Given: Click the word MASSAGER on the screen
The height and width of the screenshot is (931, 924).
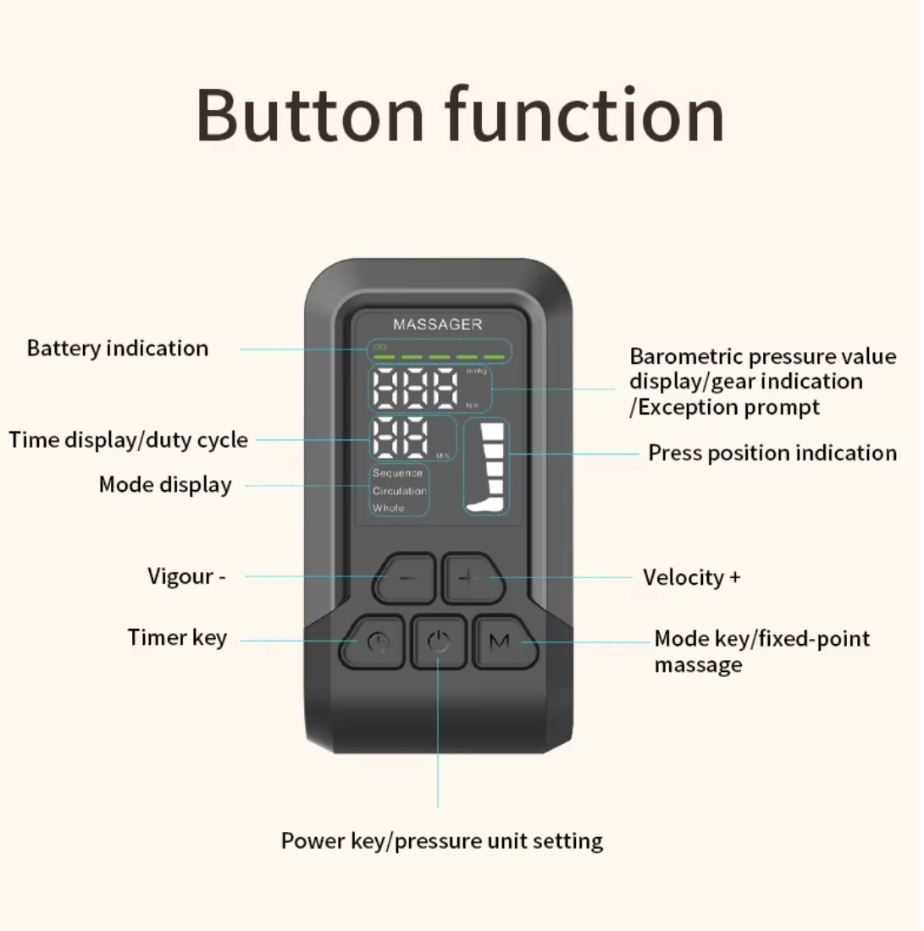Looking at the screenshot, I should click(x=437, y=324).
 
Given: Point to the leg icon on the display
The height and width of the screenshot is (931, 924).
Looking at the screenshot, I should click(x=487, y=466).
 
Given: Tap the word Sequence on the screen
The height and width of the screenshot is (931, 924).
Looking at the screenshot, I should click(x=397, y=473).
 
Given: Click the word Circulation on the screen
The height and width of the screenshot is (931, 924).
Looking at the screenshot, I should click(x=400, y=491).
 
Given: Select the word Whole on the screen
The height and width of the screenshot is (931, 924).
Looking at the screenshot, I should click(x=389, y=508).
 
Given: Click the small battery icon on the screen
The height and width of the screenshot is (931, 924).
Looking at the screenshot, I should click(x=380, y=346).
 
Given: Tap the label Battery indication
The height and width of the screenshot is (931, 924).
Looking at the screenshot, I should click(x=118, y=348).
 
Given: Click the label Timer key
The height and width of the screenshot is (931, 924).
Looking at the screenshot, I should click(x=177, y=637).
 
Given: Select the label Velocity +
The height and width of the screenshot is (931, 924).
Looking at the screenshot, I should click(x=691, y=578).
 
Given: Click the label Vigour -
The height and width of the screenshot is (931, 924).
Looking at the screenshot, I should click(x=186, y=576).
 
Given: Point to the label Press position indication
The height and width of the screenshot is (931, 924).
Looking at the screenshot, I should click(x=772, y=453).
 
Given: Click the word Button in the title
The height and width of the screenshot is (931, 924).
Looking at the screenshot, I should click(x=309, y=115).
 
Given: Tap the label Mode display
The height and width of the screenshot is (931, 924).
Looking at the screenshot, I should click(x=165, y=485).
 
